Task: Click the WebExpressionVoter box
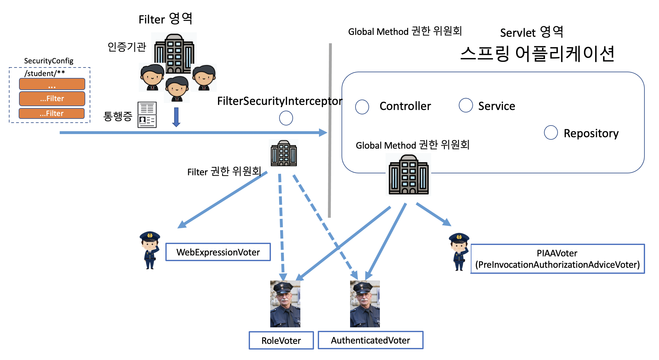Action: pyautogui.click(x=218, y=252)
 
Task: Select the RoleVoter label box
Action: pyautogui.click(x=281, y=340)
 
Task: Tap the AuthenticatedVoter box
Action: pyautogui.click(x=370, y=340)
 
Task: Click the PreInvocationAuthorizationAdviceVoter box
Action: pyautogui.click(x=557, y=259)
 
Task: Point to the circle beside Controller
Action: pyautogui.click(x=362, y=107)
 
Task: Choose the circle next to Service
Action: pyautogui.click(x=466, y=105)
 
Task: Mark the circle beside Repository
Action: pyautogui.click(x=551, y=132)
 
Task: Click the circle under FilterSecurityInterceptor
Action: pyautogui.click(x=286, y=118)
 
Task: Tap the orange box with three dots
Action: pyautogui.click(x=52, y=84)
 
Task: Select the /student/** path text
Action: pyautogui.click(x=45, y=73)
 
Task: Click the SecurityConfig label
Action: pyautogui.click(x=48, y=61)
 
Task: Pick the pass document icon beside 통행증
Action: pyautogui.click(x=147, y=115)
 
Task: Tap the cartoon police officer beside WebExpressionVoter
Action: pyautogui.click(x=150, y=250)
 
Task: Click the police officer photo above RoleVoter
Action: pyautogui.click(x=285, y=304)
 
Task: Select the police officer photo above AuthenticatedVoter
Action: pyautogui.click(x=365, y=304)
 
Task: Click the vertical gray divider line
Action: pyautogui.click(x=330, y=130)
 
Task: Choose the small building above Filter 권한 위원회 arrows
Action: pyautogui.click(x=284, y=153)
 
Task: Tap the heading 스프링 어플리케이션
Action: pyautogui.click(x=537, y=54)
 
